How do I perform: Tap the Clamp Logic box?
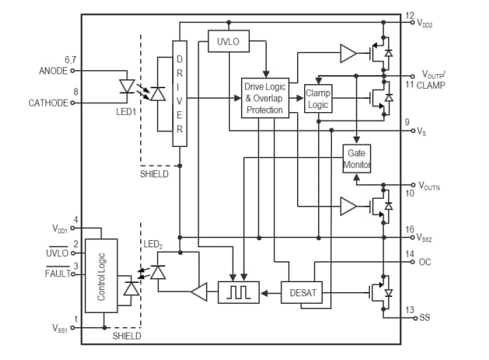(x=317, y=99)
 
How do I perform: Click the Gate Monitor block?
(x=357, y=159)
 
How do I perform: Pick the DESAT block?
(x=302, y=293)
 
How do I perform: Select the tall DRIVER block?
(x=180, y=91)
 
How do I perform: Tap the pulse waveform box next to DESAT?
(x=238, y=293)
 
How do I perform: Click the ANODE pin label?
(x=54, y=71)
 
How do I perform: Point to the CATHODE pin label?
(x=48, y=103)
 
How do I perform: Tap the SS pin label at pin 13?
(x=425, y=317)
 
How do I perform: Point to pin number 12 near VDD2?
(x=409, y=15)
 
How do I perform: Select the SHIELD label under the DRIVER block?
(x=154, y=174)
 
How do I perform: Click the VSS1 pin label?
(x=60, y=328)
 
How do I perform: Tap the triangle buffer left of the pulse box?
(x=200, y=293)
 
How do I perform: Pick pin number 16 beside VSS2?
(x=409, y=230)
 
